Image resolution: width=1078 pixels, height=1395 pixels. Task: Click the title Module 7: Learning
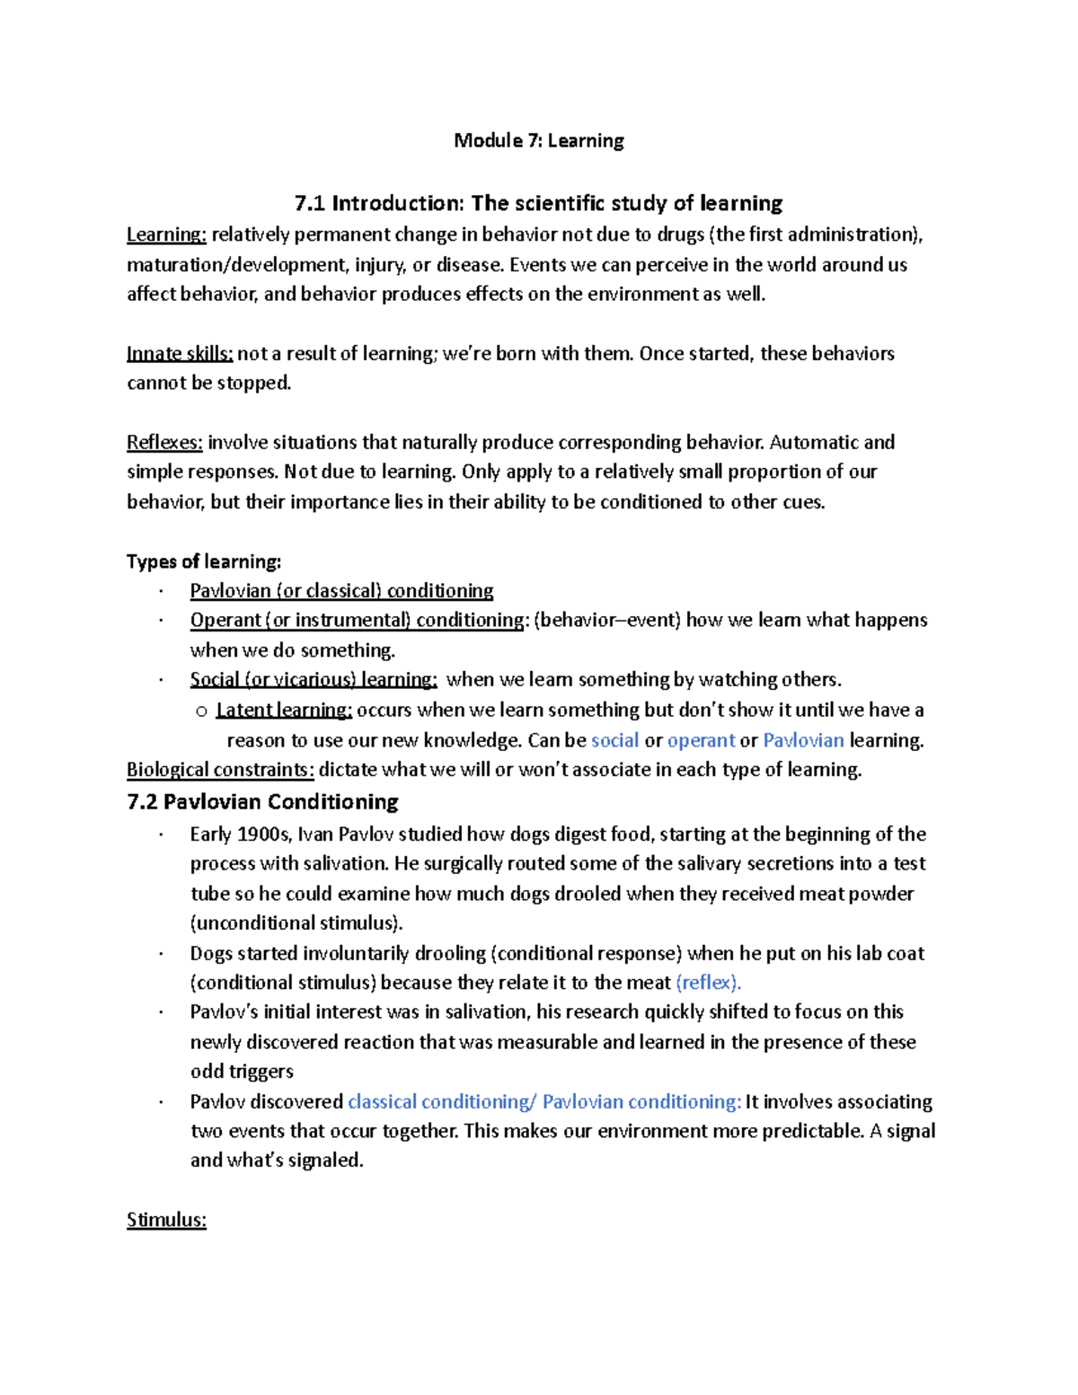click(x=538, y=140)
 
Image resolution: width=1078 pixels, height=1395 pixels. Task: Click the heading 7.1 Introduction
click(x=538, y=203)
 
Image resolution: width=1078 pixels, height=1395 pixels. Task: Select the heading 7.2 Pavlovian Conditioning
click(x=262, y=801)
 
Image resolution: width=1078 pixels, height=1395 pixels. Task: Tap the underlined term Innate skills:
click(x=180, y=353)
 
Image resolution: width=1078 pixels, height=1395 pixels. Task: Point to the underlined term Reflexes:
click(x=164, y=442)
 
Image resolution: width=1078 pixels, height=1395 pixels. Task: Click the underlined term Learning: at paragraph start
click(x=166, y=234)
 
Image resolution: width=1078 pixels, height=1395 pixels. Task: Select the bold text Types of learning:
click(x=204, y=561)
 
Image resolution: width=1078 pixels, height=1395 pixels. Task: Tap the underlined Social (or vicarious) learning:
click(x=314, y=679)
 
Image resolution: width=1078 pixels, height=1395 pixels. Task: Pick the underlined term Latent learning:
click(x=285, y=710)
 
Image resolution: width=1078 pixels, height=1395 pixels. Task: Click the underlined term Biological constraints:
click(x=220, y=770)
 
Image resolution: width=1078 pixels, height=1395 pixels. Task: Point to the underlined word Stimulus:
click(x=166, y=1220)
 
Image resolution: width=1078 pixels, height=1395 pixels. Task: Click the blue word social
click(x=614, y=740)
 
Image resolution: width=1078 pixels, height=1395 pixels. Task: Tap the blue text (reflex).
click(x=708, y=982)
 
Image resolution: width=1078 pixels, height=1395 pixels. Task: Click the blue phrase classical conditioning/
click(x=442, y=1101)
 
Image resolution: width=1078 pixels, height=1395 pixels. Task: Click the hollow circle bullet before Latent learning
click(x=201, y=711)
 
